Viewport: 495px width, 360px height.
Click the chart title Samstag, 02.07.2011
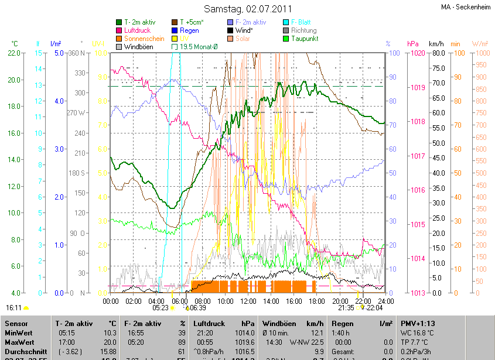click(247, 9)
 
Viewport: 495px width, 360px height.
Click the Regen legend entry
click(189, 30)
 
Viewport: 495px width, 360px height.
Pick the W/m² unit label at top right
click(479, 44)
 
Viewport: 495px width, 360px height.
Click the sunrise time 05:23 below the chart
click(161, 307)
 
